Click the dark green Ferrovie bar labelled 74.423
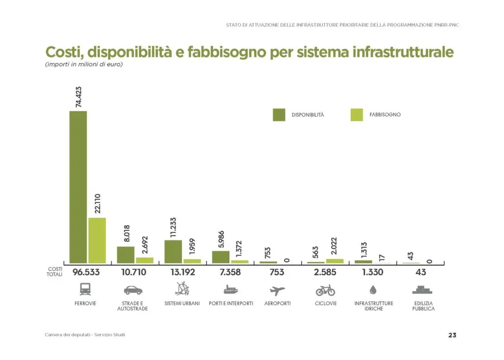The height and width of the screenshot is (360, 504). [x=78, y=187]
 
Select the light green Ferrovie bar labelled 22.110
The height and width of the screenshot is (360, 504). [x=97, y=240]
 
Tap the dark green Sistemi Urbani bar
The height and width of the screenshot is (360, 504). [x=173, y=252]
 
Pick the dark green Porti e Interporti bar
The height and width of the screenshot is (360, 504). [x=220, y=257]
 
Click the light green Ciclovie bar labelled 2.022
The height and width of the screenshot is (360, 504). [x=335, y=261]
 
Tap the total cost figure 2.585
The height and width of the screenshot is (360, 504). [x=325, y=272]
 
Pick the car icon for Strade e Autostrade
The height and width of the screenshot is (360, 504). [x=133, y=290]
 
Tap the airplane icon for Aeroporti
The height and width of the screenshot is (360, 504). [x=278, y=290]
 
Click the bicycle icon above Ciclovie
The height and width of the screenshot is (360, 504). [x=325, y=290]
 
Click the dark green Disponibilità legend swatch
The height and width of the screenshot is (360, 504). [x=279, y=115]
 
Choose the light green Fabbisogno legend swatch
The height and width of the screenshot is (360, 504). [x=356, y=115]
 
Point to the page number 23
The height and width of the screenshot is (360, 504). [x=452, y=335]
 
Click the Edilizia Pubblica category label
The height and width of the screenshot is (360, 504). [x=423, y=306]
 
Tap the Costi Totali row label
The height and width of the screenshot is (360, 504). [x=55, y=272]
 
